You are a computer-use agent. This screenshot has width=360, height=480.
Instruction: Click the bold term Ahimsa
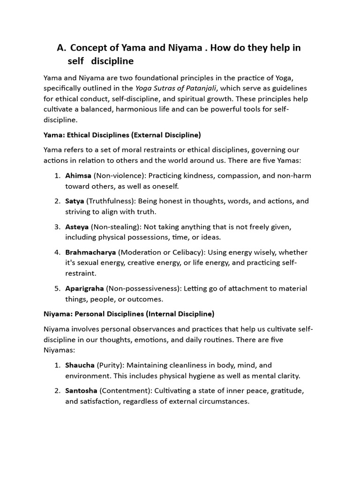78,176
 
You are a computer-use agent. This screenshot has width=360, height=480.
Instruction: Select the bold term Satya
75,201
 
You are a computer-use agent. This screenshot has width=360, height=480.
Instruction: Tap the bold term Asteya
76,227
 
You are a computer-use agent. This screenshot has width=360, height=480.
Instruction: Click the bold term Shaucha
80,365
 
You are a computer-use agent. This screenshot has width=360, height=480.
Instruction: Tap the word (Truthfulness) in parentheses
109,201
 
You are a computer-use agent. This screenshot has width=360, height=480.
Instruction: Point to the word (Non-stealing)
112,227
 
